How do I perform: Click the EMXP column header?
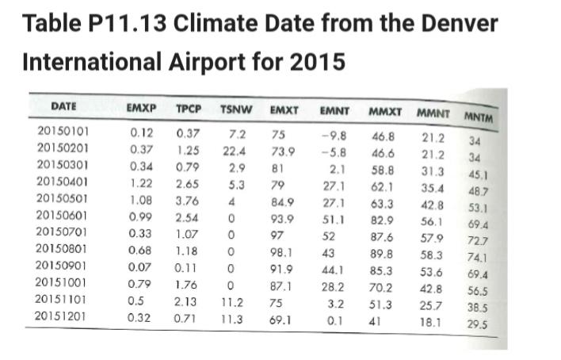pyautogui.click(x=141, y=106)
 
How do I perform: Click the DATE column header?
pyautogui.click(x=63, y=105)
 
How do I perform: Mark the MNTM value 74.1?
pyautogui.click(x=476, y=259)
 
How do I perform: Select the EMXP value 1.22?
pyautogui.click(x=141, y=184)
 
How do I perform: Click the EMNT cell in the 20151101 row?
pyautogui.click(x=333, y=302)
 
